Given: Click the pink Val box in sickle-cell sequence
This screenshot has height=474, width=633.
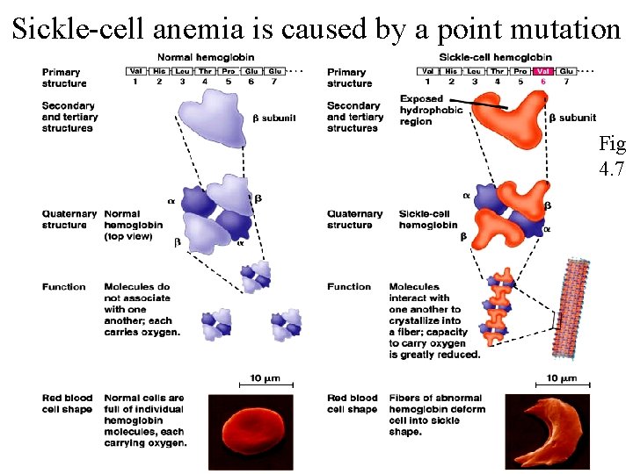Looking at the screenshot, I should (543, 70).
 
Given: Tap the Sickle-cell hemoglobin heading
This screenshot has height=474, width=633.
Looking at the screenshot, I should (497, 56).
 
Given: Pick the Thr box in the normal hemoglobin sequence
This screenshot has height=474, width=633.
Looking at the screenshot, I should (205, 70).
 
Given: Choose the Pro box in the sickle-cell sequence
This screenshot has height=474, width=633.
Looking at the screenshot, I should (520, 70).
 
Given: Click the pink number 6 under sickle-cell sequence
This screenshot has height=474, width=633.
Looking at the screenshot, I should (543, 82).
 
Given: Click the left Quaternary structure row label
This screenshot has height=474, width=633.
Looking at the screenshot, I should (69, 219).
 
